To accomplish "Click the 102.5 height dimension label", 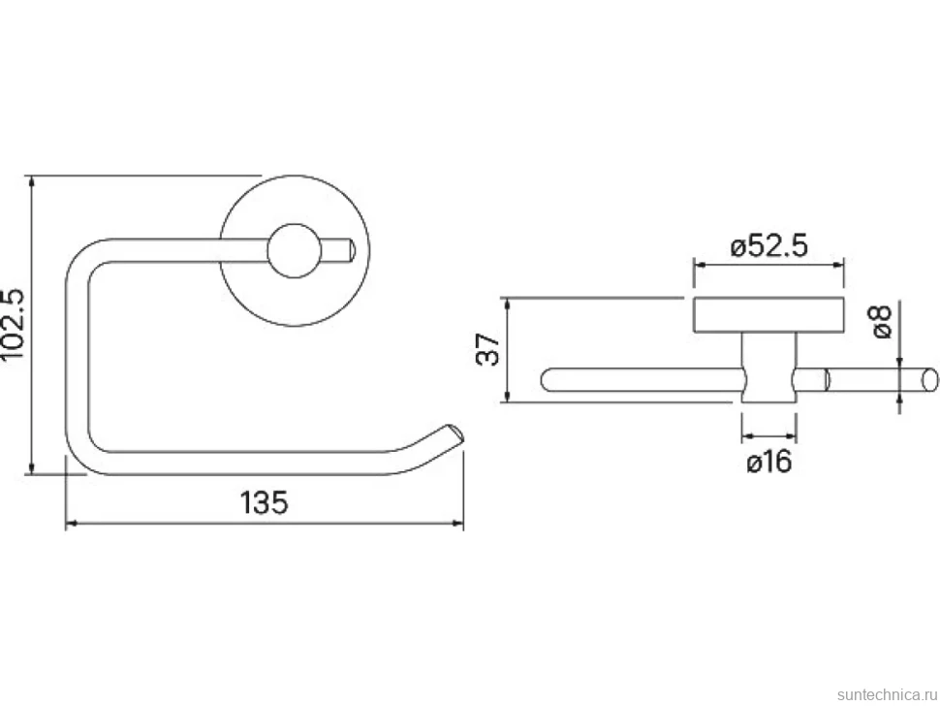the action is click(x=13, y=325).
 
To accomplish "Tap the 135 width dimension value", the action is click(x=264, y=502).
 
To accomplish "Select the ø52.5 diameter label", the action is click(x=769, y=246).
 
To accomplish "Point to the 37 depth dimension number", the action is click(x=488, y=349).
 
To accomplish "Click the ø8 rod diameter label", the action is click(x=881, y=322).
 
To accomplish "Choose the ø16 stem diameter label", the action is click(x=769, y=462).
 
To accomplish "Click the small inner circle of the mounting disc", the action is click(x=295, y=251).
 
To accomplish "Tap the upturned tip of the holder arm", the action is click(x=453, y=434).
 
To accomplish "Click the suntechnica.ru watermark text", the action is click(x=888, y=694).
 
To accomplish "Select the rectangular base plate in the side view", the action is click(x=769, y=315).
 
